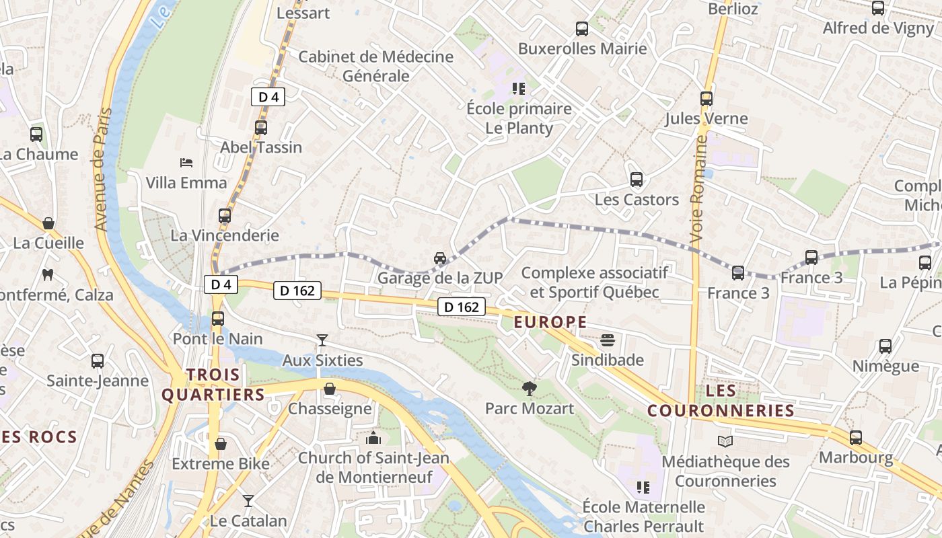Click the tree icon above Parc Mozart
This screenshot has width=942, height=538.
[530, 388]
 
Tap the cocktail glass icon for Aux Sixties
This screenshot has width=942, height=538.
[322, 340]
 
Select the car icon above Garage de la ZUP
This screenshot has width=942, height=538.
[440, 258]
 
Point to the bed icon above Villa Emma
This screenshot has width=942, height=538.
[186, 163]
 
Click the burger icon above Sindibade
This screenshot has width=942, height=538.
[608, 340]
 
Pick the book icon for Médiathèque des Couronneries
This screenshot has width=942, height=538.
[725, 442]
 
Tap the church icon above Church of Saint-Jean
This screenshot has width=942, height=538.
[373, 438]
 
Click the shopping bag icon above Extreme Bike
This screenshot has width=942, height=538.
[220, 444]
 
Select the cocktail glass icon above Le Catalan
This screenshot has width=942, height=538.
[248, 501]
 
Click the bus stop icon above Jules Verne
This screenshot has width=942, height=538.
[706, 99]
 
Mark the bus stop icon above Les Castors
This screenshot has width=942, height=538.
[637, 180]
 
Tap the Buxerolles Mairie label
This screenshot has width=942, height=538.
[582, 48]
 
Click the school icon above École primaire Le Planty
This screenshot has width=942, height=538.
[518, 88]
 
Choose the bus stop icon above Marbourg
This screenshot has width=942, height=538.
[856, 438]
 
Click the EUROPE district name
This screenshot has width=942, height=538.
[550, 322]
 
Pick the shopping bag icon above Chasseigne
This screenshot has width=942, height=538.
[330, 389]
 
